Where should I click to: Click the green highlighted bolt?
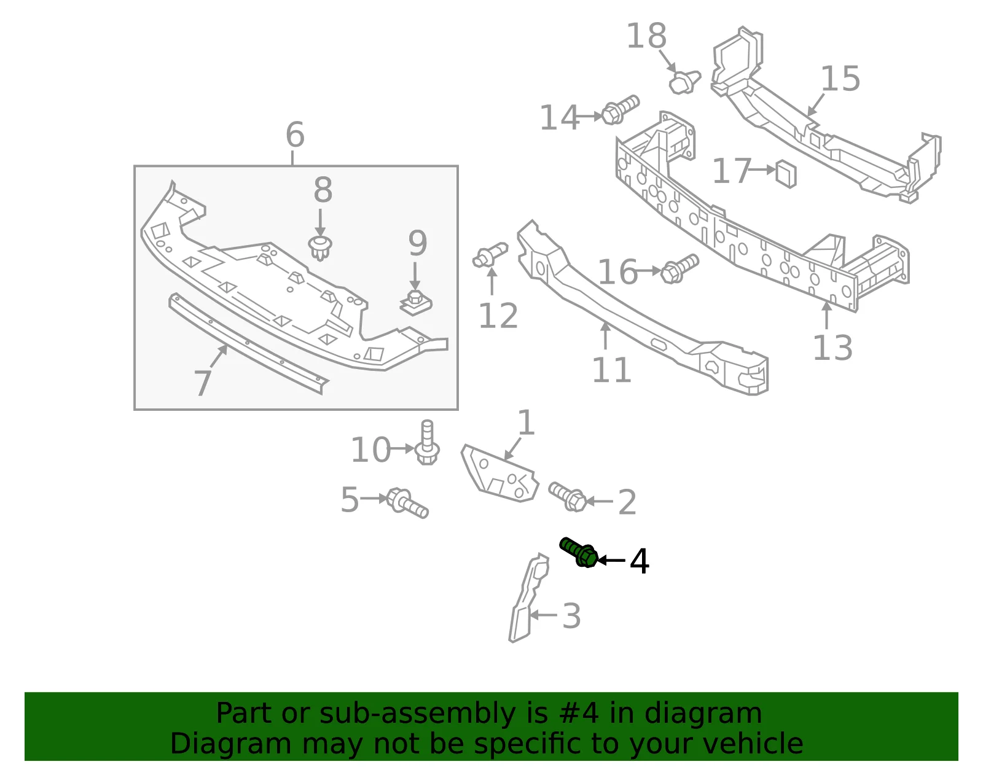579,552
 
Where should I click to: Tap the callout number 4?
639,561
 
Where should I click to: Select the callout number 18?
646,36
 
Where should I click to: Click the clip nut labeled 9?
416,302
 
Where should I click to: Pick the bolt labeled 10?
427,443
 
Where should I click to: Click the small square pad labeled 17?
786,174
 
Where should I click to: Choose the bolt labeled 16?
679,269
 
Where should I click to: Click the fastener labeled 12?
490,255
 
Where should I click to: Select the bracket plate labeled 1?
500,473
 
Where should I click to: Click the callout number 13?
832,348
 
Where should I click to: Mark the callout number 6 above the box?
295,134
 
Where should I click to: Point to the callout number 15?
840,79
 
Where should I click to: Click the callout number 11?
611,370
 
